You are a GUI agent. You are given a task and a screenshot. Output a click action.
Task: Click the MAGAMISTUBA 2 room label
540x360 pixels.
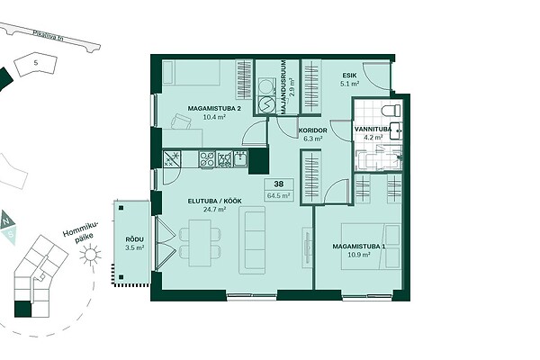pos(214,109)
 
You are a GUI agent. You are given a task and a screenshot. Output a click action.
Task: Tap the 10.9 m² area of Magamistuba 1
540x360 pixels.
pos(359,255)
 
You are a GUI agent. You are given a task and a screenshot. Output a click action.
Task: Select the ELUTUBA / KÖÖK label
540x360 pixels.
pos(214,202)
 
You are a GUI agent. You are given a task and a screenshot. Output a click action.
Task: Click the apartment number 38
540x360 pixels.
pos(279,184)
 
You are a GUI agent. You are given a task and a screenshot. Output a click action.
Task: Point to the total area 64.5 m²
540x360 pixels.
pos(279,195)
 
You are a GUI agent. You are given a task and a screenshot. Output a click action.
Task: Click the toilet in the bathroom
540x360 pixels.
pos(391,111)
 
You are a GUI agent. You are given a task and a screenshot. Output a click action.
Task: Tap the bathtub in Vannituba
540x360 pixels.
pos(380,160)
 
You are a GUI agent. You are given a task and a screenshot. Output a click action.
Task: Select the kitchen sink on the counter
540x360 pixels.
pos(240,158)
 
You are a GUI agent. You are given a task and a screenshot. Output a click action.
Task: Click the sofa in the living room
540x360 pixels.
pos(252,240)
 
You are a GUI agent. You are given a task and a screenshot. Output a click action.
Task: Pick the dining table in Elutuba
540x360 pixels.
pos(200,242)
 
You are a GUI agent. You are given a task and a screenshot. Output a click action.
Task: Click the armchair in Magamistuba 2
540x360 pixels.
pos(181,121)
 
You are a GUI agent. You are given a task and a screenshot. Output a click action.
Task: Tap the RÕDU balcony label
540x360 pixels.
pos(134,239)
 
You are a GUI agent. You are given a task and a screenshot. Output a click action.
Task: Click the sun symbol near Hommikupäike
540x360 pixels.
pos(90,255)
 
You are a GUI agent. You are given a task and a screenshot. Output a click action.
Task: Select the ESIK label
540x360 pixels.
pos(349,76)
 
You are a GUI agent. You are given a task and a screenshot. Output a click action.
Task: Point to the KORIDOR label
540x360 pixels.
pos(312,130)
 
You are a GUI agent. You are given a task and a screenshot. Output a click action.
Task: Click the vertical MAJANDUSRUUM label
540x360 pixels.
pos(283,87)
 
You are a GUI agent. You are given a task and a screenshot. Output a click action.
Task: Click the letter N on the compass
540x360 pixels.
pos(6,222)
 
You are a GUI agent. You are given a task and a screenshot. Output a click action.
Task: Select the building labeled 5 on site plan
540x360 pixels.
pos(35,64)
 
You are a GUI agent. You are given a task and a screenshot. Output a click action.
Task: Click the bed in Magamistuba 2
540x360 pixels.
pos(191,73)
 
